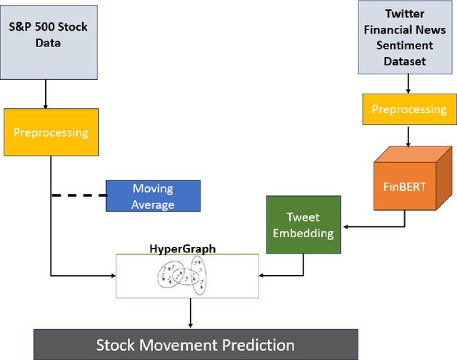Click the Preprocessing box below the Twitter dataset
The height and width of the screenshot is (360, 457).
click(x=408, y=109)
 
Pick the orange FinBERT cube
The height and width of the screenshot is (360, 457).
click(x=408, y=185)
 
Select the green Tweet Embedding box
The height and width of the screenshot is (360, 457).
click(x=303, y=224)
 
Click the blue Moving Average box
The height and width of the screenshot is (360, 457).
click(x=153, y=196)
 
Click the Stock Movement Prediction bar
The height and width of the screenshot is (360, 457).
click(x=195, y=345)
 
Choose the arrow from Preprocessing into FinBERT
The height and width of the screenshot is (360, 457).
click(x=408, y=135)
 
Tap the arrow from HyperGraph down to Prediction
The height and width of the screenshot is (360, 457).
click(x=190, y=313)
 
